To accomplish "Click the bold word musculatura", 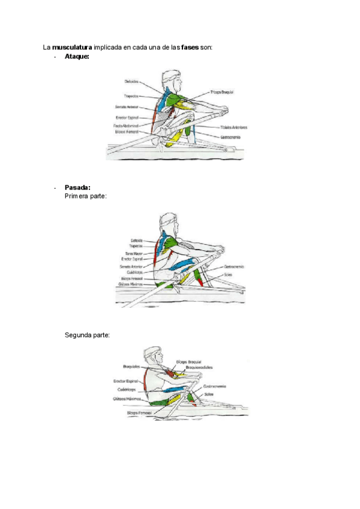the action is pos(72,46).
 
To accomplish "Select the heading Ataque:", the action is pos(77,56).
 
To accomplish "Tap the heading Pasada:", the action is pos(77,187).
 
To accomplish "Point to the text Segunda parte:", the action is pos(87,335).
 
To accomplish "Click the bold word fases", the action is pos(190,46).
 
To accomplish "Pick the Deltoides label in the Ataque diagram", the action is pos(132,82).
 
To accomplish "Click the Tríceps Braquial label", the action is pos(221,92).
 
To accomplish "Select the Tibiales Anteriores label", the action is pos(233,127).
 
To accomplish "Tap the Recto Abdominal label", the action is pos(126,126).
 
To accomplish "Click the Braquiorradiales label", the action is pos(199,367).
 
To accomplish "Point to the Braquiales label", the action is pos(131,366).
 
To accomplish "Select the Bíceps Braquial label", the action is pos(189,362).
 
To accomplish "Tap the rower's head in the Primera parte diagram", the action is pos(169,223).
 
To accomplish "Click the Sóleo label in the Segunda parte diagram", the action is pos(209,394).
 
